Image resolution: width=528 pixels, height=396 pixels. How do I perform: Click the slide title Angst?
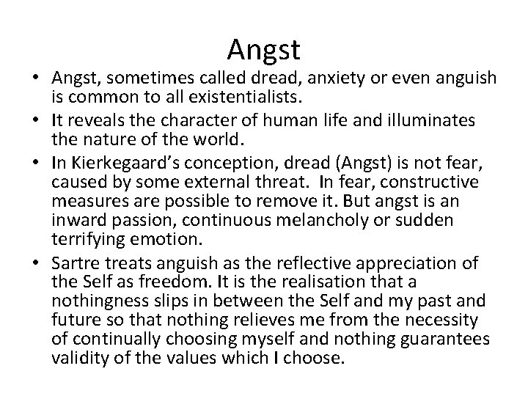tap(263, 49)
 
